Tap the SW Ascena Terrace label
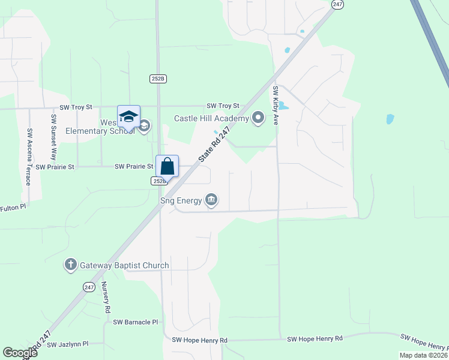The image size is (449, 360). coord(29,156)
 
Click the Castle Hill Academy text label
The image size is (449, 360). coord(211,118)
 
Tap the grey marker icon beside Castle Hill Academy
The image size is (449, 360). coord(258,117)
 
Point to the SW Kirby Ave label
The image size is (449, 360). coord(276,106)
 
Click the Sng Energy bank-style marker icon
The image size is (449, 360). coord(211,199)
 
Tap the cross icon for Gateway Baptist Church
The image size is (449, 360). coord(71,265)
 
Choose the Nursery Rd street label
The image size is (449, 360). coord(106,298)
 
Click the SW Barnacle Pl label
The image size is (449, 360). coord(134,322)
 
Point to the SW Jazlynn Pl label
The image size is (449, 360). coord(67,344)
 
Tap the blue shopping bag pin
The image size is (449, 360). coord(167,166)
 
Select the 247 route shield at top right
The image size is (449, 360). coord(337,4)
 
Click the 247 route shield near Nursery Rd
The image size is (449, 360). coord(89,287)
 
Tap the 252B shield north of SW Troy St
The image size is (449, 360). coord(157,78)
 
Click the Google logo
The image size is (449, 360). coord(20,353)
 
